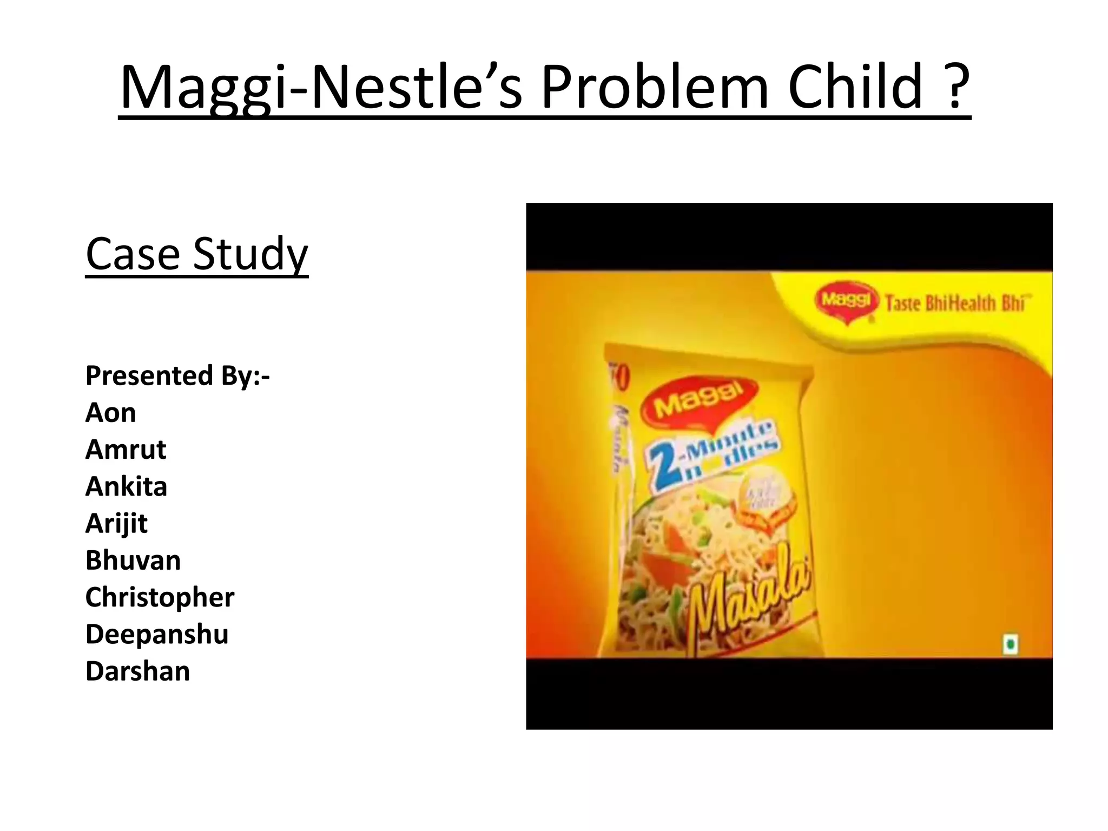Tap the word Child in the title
855,87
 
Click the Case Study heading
197,254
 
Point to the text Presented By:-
177,375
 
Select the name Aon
111,413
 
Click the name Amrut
126,450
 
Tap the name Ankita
127,486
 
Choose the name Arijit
117,523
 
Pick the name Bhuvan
133,560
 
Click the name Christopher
160,597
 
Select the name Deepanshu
157,634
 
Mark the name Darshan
138,671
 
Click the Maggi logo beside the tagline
847,301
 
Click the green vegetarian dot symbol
1010,644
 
